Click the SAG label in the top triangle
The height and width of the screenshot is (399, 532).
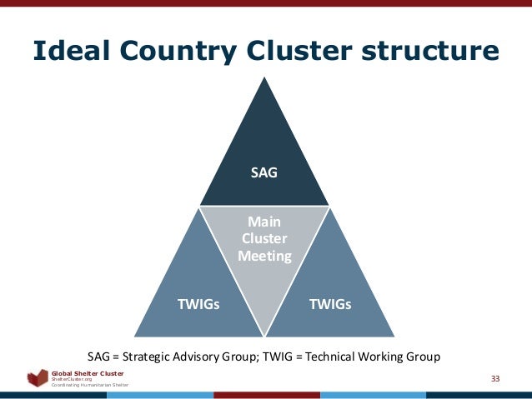tap(264, 173)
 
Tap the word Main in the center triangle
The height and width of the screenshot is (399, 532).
tap(264, 222)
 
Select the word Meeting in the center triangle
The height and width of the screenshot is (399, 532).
tap(264, 256)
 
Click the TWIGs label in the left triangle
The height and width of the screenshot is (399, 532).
tap(198, 304)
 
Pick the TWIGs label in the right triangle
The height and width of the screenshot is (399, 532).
tap(330, 304)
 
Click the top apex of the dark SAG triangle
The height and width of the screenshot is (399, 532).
tap(264, 78)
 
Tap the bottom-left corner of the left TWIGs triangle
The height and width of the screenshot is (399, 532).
tap(135, 336)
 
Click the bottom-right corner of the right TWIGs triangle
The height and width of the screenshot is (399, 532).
tap(394, 336)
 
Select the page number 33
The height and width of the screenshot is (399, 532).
tap(495, 379)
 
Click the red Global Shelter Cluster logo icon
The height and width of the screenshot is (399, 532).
tap(38, 378)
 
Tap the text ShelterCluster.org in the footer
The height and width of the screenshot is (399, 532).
tap(72, 378)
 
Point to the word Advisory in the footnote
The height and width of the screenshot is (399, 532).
tap(208, 357)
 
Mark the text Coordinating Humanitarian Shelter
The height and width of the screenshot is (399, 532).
tap(90, 385)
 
